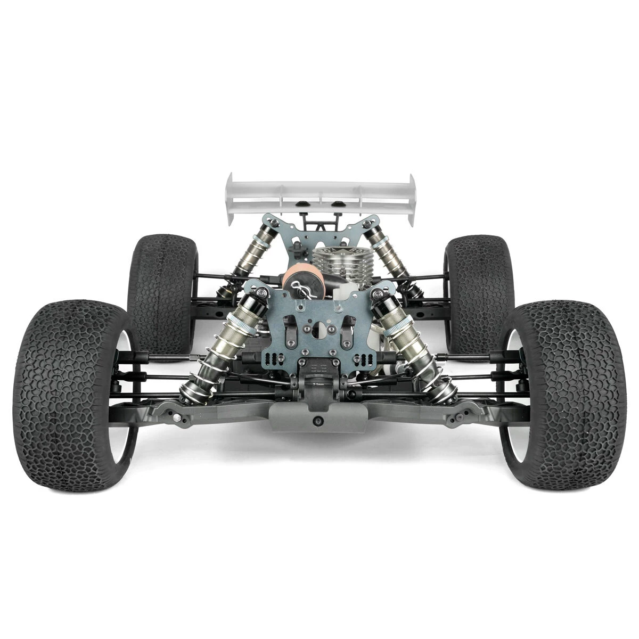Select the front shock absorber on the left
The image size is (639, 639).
[x=224, y=346]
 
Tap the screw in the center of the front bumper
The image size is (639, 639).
[x=319, y=421]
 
